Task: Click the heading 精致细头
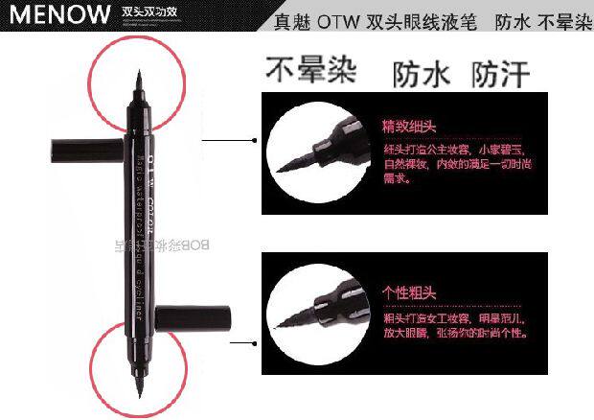410,126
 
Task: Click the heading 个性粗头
410,292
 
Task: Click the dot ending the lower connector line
254,341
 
